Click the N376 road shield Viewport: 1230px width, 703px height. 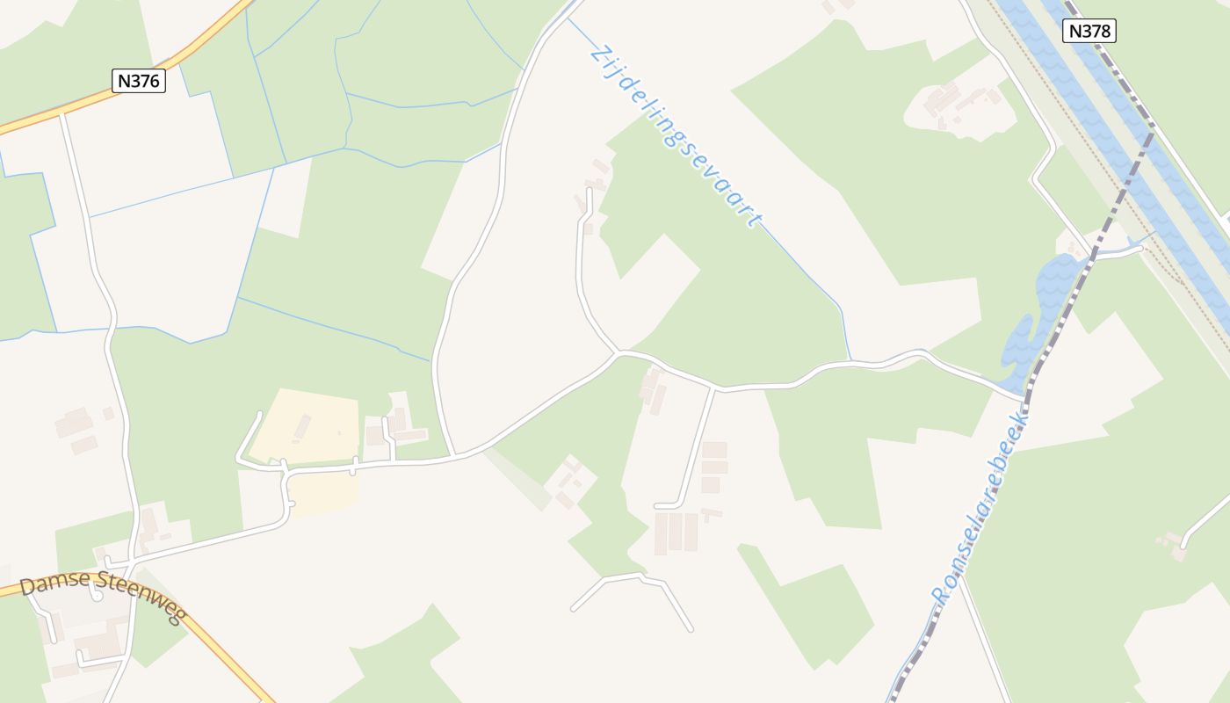pyautogui.click(x=140, y=81)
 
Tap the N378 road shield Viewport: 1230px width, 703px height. pyautogui.click(x=1089, y=31)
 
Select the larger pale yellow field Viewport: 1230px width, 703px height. pyautogui.click(x=307, y=426)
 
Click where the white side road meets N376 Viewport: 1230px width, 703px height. pyautogui.click(x=62, y=114)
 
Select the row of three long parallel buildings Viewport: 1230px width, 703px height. pyautogui.click(x=676, y=533)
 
